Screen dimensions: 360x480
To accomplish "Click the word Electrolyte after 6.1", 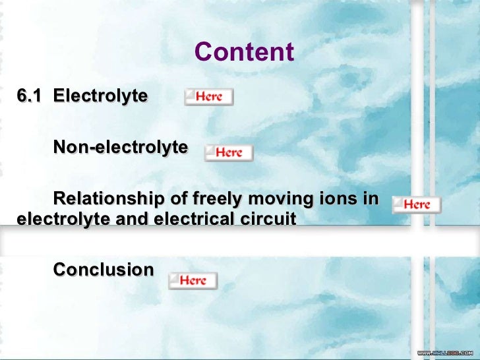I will (x=100, y=96).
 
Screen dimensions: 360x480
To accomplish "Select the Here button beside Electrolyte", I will (x=208, y=97).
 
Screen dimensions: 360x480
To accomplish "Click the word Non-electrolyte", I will (x=120, y=147).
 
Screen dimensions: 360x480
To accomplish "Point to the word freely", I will (x=217, y=198).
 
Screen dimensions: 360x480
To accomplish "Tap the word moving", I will (x=282, y=198).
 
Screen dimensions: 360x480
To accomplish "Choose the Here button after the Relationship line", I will (x=417, y=204).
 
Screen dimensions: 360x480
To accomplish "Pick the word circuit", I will (x=270, y=219).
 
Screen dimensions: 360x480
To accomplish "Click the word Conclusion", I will (x=103, y=270).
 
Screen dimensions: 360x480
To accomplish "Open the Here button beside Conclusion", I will (x=193, y=281).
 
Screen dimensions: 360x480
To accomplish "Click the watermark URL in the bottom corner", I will (x=445, y=353).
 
